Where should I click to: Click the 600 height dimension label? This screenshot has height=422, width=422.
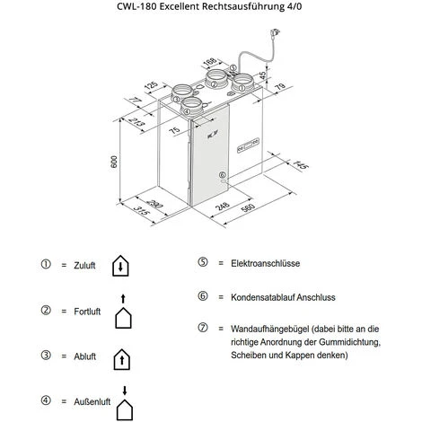pyautogui.click(x=114, y=162)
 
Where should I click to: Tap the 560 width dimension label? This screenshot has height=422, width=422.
pyautogui.click(x=248, y=207)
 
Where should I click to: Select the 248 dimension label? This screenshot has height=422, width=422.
pyautogui.click(x=223, y=206)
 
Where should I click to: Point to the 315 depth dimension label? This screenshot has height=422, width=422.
pyautogui.click(x=141, y=210)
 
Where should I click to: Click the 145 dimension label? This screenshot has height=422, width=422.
pyautogui.click(x=300, y=164)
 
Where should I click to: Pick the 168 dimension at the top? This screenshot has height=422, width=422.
pyautogui.click(x=209, y=62)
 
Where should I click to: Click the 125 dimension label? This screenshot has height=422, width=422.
pyautogui.click(x=151, y=85)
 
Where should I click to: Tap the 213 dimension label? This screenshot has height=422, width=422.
pyautogui.click(x=137, y=122)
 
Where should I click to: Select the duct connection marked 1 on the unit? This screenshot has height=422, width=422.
pyautogui.click(x=242, y=84)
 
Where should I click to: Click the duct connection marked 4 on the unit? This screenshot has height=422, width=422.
pyautogui.click(x=191, y=106)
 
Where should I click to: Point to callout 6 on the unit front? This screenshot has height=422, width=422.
pyautogui.click(x=222, y=175)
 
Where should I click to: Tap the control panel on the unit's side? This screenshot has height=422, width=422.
pyautogui.click(x=248, y=145)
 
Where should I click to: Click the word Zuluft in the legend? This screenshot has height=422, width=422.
pyautogui.click(x=84, y=266)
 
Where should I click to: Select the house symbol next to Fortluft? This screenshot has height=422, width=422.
pyautogui.click(x=123, y=312)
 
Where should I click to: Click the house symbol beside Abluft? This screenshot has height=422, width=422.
pyautogui.click(x=122, y=359)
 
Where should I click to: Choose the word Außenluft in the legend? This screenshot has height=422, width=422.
pyautogui.click(x=92, y=401)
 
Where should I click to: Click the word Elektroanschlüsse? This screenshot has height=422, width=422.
pyautogui.click(x=265, y=263)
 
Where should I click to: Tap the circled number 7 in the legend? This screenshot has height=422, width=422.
pyautogui.click(x=203, y=328)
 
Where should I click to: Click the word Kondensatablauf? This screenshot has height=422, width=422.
pyautogui.click(x=262, y=297)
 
